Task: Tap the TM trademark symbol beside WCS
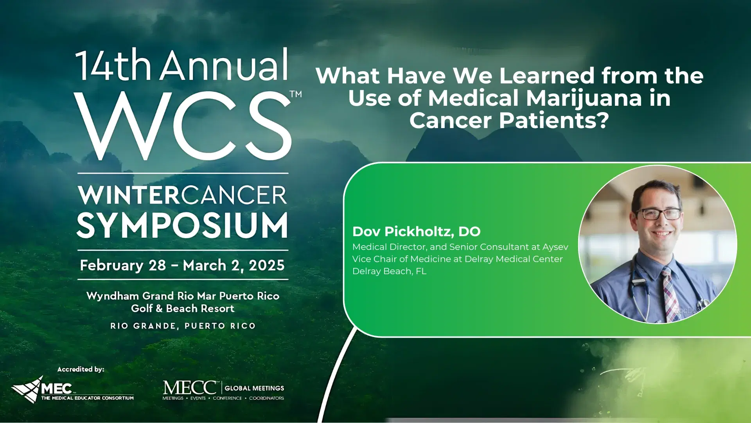[x=296, y=94]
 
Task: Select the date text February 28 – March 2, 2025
[x=182, y=265]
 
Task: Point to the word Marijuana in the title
[x=584, y=98]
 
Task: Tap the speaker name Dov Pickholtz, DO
[x=416, y=231]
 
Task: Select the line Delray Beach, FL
[x=389, y=271]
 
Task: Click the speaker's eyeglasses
[x=659, y=214]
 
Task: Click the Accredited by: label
[x=81, y=369]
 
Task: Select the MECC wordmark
[x=190, y=387]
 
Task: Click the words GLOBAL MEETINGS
[x=254, y=388]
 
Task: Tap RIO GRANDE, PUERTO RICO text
[x=183, y=326]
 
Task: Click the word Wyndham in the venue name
[x=113, y=296]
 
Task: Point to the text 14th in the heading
[x=113, y=65]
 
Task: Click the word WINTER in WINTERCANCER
[x=129, y=195]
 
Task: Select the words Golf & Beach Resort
[x=183, y=309]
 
